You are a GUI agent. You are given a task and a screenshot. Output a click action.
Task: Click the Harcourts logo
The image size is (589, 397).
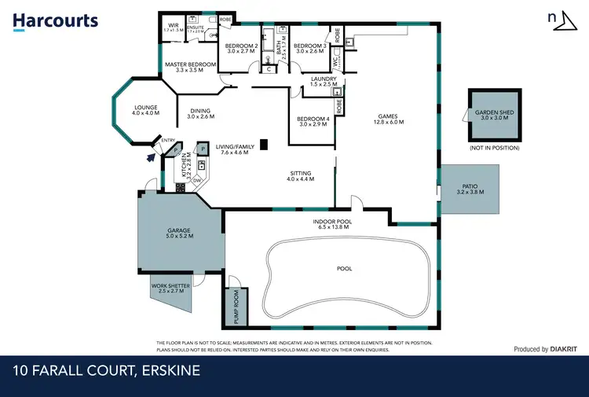click(x=56, y=21)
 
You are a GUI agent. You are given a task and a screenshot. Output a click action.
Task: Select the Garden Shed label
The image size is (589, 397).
click(x=494, y=112)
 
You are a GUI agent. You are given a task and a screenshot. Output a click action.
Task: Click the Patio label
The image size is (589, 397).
click(x=469, y=186)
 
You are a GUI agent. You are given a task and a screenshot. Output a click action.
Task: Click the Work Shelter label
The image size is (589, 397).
click(x=171, y=285)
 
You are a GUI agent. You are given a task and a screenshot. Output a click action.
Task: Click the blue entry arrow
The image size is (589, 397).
click(x=152, y=156)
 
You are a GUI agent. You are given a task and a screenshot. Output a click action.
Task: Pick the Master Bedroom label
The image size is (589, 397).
click(x=189, y=64)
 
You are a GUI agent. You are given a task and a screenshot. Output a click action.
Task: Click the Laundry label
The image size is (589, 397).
click(x=324, y=79)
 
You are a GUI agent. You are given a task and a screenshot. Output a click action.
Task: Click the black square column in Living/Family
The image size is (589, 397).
click(x=265, y=144)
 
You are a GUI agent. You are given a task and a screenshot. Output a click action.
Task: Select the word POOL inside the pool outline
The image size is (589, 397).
click(x=344, y=269)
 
